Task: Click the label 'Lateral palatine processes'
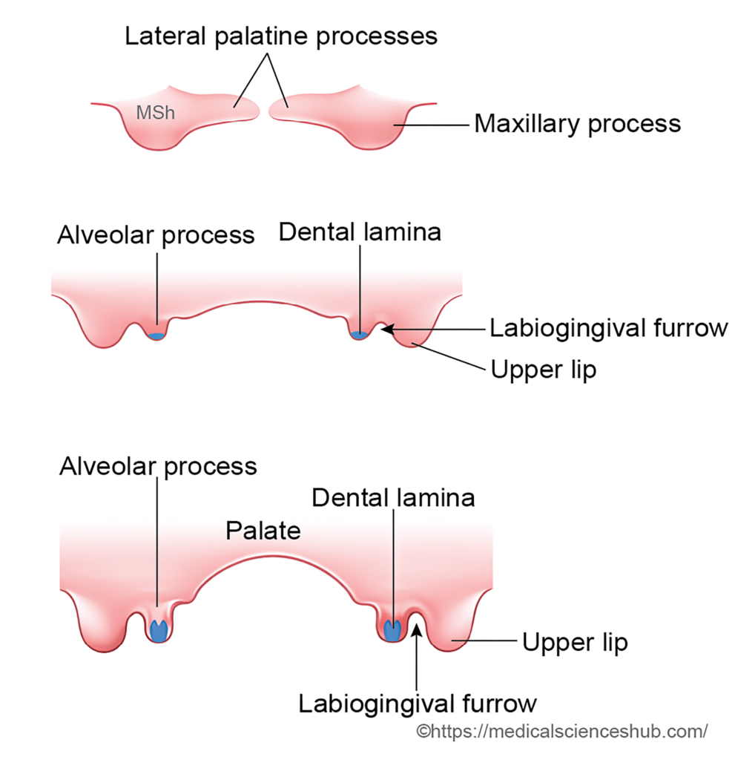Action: point(280,36)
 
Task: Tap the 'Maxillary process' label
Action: point(577,123)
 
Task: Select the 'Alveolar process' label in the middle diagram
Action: point(156,235)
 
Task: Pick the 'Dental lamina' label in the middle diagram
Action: point(360,232)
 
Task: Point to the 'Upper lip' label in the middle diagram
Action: point(543,369)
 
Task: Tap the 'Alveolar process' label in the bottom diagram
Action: point(158,466)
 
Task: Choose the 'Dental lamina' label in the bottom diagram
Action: point(393,497)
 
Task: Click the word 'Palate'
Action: point(263,531)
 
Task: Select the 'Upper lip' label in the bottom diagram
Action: point(575,642)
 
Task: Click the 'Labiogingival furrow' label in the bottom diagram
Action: point(417,703)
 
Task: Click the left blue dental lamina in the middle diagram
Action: point(156,336)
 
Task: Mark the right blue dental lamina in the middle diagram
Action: point(359,335)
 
